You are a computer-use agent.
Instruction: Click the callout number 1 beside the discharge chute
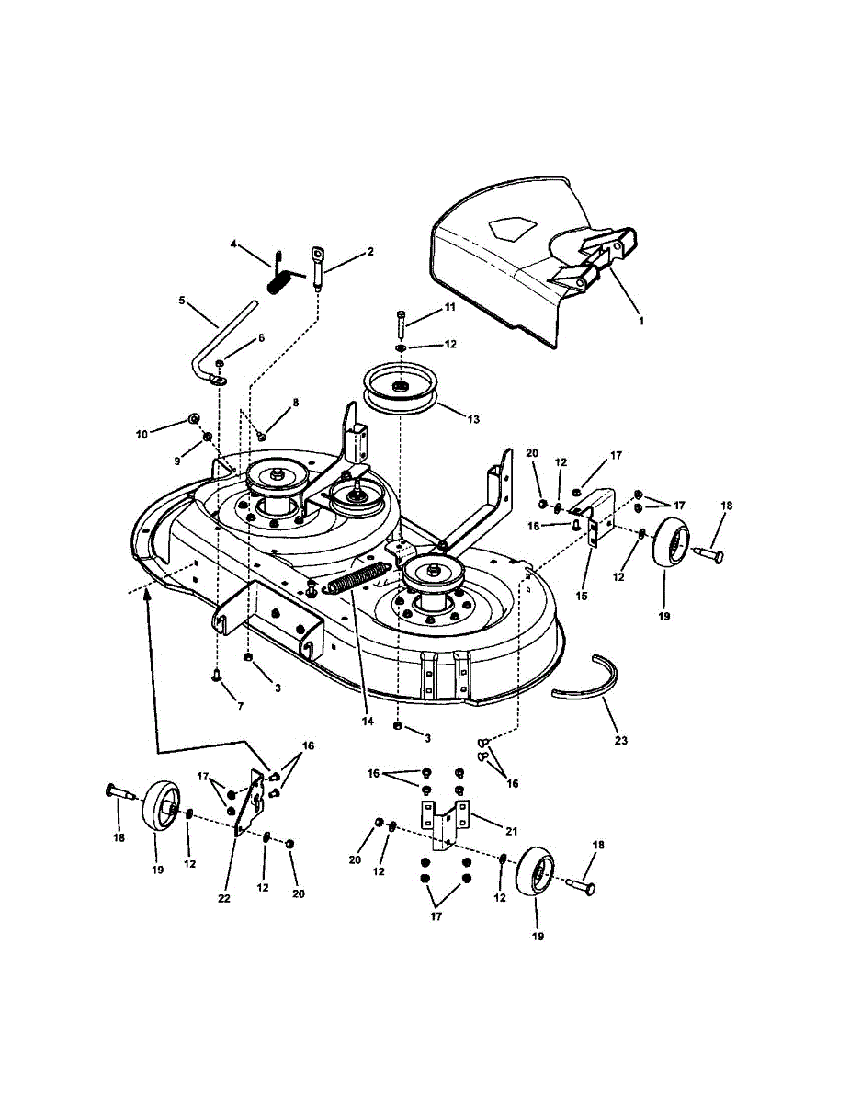(x=640, y=321)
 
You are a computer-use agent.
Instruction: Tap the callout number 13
(x=473, y=419)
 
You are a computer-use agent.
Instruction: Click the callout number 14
(x=368, y=722)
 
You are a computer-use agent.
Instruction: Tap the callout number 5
(x=182, y=301)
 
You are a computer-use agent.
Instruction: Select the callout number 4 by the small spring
(x=233, y=244)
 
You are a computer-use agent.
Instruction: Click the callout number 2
(x=370, y=250)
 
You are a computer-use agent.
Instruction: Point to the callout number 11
(x=449, y=307)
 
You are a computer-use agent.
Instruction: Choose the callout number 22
(x=222, y=898)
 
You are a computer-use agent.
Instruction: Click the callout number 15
(x=582, y=597)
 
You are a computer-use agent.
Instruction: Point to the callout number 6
(x=260, y=338)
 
